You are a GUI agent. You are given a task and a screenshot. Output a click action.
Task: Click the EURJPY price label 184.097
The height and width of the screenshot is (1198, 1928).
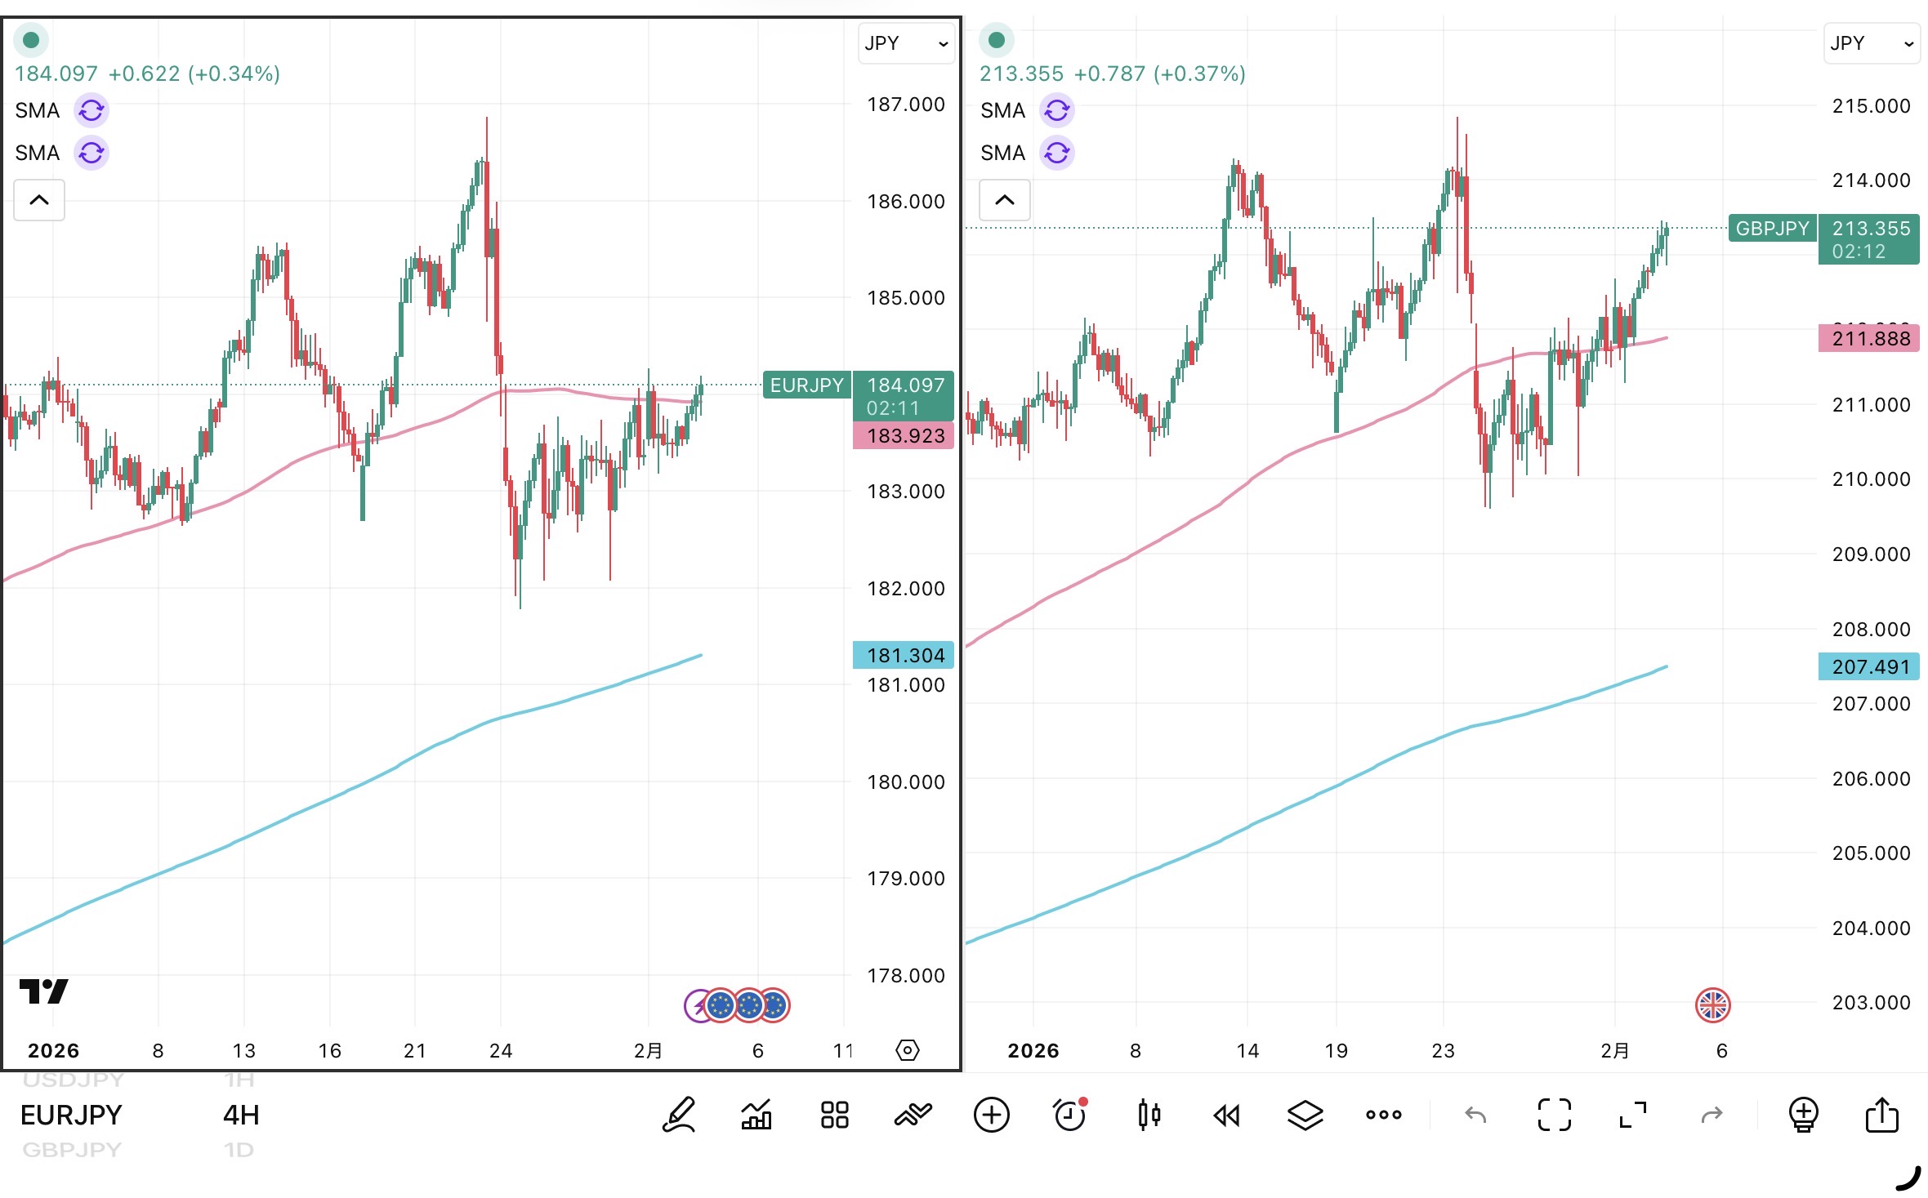click(904, 385)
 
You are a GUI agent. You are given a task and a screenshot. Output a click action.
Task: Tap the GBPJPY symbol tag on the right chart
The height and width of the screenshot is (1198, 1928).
click(1772, 229)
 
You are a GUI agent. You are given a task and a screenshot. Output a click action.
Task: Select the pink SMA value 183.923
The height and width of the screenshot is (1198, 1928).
click(904, 436)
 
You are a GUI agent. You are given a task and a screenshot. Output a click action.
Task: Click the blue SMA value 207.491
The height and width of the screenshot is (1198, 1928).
click(1870, 667)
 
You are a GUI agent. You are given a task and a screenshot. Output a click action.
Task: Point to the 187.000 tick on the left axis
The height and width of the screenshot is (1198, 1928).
click(905, 105)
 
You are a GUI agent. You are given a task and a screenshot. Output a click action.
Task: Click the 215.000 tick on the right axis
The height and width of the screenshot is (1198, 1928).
click(1871, 106)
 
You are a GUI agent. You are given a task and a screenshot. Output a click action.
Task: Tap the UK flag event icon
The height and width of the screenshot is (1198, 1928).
click(1712, 1005)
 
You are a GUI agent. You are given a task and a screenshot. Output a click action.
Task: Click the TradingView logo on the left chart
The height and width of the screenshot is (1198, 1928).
click(43, 991)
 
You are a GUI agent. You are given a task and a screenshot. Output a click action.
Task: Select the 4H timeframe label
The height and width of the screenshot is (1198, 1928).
click(241, 1116)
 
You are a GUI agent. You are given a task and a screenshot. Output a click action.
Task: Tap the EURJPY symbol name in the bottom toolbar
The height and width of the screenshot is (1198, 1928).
click(71, 1116)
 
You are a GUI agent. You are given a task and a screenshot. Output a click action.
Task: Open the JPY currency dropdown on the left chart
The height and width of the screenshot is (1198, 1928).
click(906, 43)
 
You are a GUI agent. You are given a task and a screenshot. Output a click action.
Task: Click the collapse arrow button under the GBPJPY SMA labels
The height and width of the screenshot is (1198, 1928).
click(1005, 200)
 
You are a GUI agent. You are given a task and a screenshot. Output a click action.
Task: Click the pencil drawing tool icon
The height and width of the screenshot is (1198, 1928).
click(679, 1116)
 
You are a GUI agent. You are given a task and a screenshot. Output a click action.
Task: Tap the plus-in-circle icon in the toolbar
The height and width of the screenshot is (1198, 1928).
click(992, 1116)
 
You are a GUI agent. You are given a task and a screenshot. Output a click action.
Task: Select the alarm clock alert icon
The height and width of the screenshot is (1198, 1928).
click(1069, 1116)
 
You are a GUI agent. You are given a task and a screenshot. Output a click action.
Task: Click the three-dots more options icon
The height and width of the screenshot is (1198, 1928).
click(1383, 1116)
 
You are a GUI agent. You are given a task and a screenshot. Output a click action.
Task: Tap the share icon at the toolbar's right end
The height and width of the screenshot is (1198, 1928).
click(1881, 1116)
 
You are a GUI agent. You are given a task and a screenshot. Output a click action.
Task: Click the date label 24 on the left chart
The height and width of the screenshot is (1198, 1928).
click(501, 1051)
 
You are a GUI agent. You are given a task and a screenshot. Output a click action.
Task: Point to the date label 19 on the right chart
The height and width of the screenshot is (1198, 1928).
click(1336, 1051)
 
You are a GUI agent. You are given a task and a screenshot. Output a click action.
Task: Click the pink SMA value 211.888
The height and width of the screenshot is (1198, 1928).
click(1870, 339)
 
